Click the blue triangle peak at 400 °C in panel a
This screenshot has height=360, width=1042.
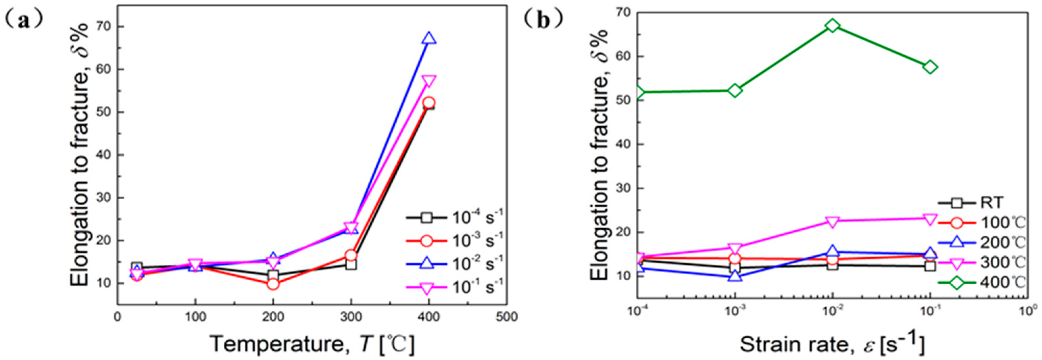click(x=429, y=38)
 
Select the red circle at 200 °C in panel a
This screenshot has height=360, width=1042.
click(x=273, y=284)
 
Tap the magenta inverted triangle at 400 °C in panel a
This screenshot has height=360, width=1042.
click(x=429, y=81)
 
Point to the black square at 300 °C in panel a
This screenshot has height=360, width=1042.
click(x=351, y=264)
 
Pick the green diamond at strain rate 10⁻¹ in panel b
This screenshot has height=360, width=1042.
click(x=930, y=67)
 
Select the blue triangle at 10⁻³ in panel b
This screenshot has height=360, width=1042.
click(x=735, y=277)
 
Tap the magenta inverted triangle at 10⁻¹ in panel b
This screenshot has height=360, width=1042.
click(x=930, y=219)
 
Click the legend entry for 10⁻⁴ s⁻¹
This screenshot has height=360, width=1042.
click(x=453, y=217)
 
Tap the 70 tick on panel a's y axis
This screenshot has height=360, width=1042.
click(x=106, y=27)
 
